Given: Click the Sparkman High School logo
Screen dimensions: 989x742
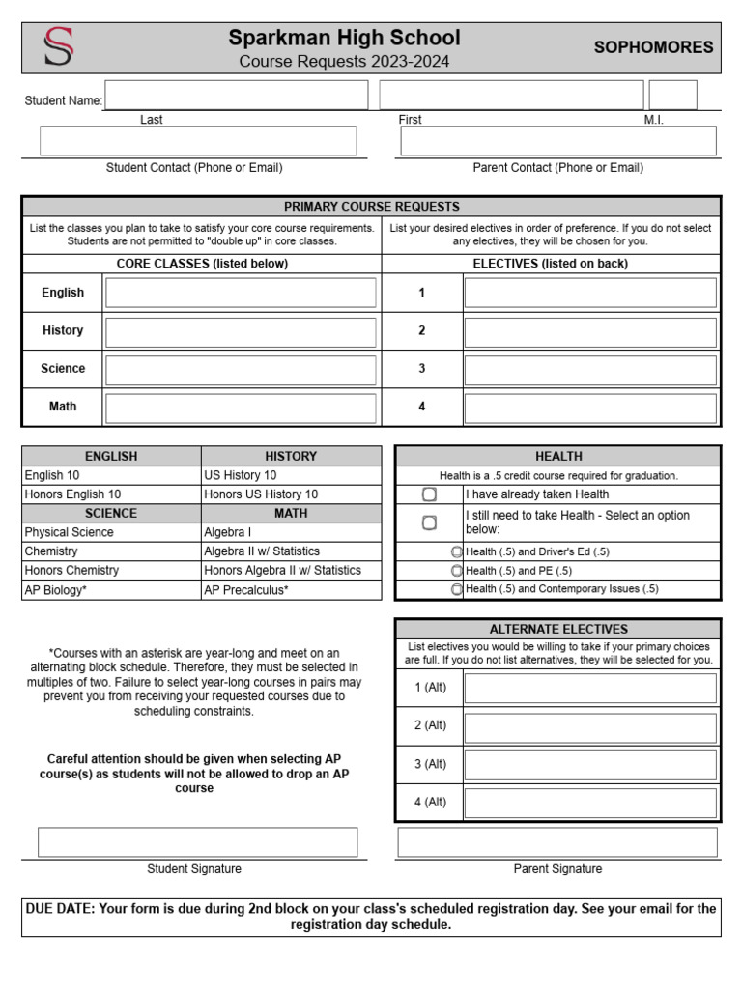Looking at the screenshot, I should (x=58, y=47).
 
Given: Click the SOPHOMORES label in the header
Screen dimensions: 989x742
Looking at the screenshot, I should (x=653, y=47).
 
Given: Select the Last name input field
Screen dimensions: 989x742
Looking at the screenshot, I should (x=236, y=96).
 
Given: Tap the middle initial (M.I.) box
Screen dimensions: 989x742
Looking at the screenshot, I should (x=672, y=96).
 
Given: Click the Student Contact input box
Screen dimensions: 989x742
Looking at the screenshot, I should (x=198, y=141).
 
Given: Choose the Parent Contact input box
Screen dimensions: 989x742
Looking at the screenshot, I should (x=558, y=141).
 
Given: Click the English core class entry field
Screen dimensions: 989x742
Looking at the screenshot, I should (x=241, y=293).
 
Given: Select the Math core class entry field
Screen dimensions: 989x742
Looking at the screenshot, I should (x=241, y=407).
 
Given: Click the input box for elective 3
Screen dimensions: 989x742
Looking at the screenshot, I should (x=590, y=369).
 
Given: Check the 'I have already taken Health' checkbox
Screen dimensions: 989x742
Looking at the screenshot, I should (x=429, y=494).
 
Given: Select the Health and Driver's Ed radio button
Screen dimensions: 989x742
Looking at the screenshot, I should (x=456, y=551).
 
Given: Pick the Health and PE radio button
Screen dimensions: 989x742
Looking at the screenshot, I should (x=456, y=571).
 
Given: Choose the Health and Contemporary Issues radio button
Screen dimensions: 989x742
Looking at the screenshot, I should (x=456, y=589).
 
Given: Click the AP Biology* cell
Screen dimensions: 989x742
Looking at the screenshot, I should (x=111, y=590).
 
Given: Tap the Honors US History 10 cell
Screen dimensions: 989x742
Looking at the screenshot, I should (x=291, y=494).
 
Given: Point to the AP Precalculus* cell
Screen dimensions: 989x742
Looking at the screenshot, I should (x=291, y=590).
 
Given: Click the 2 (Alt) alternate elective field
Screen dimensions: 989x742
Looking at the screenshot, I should (x=590, y=726).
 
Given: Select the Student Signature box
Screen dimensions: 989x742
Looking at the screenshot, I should (x=197, y=842).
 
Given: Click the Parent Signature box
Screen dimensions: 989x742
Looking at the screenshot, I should (x=557, y=842).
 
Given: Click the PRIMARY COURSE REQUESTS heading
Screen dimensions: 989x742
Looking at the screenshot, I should (x=371, y=207).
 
